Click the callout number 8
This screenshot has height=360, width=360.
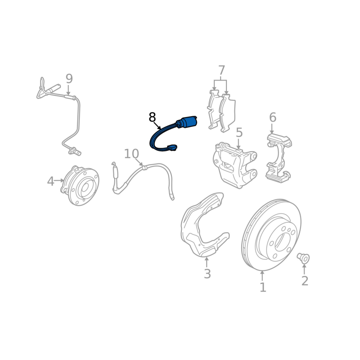click(x=152, y=117)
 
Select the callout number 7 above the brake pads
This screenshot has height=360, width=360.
click(x=221, y=71)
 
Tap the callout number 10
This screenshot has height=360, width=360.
click(x=131, y=154)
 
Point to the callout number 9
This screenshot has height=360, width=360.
click(x=69, y=79)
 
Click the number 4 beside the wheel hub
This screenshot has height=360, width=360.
click(x=50, y=181)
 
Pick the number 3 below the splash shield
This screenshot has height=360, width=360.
click(x=207, y=274)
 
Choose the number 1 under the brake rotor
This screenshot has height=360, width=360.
click(x=263, y=287)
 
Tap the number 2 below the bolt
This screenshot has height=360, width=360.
click(x=305, y=280)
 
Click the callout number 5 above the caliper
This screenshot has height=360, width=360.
click(x=239, y=133)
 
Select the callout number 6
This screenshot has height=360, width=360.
click(x=273, y=117)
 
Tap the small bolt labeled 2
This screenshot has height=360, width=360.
click(x=303, y=258)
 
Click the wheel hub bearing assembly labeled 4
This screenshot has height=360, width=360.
click(x=80, y=185)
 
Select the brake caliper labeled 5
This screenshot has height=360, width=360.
click(x=234, y=165)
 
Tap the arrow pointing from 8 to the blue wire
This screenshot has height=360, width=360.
click(x=157, y=126)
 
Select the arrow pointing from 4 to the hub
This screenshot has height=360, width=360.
click(x=59, y=180)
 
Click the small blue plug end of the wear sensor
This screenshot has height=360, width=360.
click(x=172, y=148)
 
